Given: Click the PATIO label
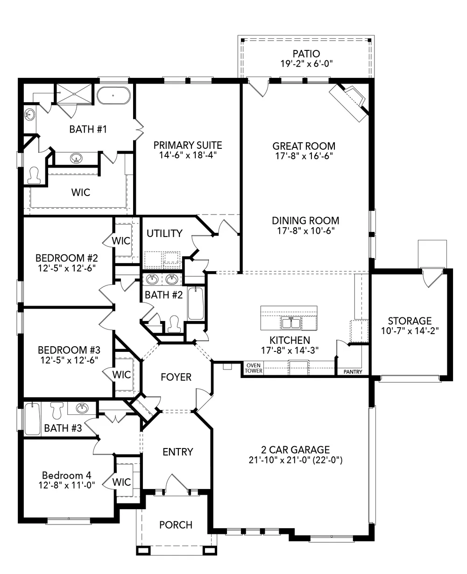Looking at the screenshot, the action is pyautogui.click(x=306, y=54).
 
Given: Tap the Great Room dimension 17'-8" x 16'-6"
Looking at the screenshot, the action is pyautogui.click(x=304, y=156).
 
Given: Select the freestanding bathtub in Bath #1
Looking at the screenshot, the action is pyautogui.click(x=113, y=95).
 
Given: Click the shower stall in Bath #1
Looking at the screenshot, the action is pyautogui.click(x=74, y=93).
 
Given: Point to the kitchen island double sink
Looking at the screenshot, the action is pyautogui.click(x=291, y=322).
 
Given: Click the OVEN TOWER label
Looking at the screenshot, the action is pyautogui.click(x=254, y=368).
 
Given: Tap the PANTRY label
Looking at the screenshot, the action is pyautogui.click(x=353, y=372).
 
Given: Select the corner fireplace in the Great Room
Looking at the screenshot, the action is pyautogui.click(x=349, y=102).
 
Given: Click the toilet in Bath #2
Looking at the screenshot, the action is pyautogui.click(x=174, y=324).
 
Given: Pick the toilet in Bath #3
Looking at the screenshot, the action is pyautogui.click(x=57, y=410).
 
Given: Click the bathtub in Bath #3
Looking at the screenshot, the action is pyautogui.click(x=32, y=419).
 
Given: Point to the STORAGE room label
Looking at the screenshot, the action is pyautogui.click(x=410, y=321).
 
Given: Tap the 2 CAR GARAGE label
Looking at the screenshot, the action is pyautogui.click(x=295, y=450).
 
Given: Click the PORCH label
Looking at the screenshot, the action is pyautogui.click(x=176, y=525).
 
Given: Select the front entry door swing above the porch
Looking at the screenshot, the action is pyautogui.click(x=177, y=484).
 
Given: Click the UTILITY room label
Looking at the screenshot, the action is pyautogui.click(x=164, y=233).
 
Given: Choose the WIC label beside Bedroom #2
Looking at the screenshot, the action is pyautogui.click(x=121, y=241).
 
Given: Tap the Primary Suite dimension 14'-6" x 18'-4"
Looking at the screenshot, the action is pyautogui.click(x=188, y=155).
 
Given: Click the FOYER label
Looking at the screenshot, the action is pyautogui.click(x=176, y=377).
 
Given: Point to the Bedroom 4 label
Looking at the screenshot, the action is pyautogui.click(x=67, y=475).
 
